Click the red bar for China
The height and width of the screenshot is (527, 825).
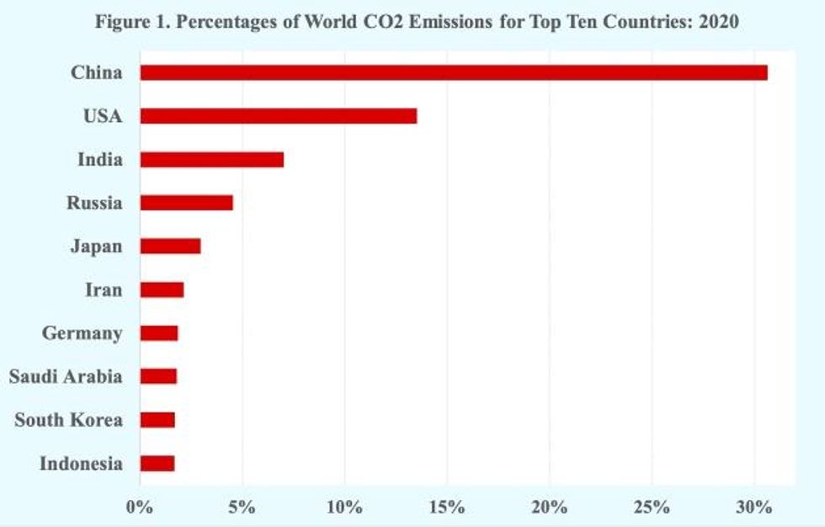pos(453,72)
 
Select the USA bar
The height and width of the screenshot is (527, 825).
pos(278,116)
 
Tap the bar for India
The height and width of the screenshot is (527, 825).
pos(211,159)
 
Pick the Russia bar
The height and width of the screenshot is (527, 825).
pos(186,203)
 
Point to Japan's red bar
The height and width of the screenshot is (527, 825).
pos(170,247)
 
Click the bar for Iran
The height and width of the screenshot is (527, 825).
pos(162,290)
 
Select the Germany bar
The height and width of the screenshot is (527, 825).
pos(159,333)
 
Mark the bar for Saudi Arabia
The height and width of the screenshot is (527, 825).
pos(158,376)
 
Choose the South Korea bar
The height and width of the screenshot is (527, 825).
pos(157,420)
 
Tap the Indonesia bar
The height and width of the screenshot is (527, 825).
pos(157,463)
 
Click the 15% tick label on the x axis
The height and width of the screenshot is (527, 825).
pos(446,508)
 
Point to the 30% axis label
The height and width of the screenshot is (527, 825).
pos(753,508)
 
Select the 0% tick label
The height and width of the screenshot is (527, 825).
pos(139,508)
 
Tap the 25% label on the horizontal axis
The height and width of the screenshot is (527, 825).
pos(651,508)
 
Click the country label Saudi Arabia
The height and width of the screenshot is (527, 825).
pos(66,376)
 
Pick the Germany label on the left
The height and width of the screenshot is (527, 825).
pos(82,333)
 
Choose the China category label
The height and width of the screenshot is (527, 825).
pos(96,72)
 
